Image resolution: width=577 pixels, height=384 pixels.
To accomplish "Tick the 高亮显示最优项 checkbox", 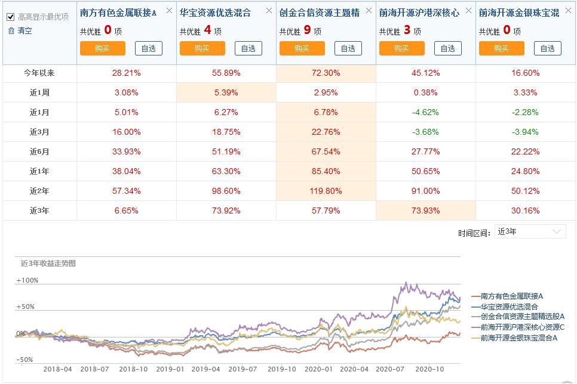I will tap(10, 17).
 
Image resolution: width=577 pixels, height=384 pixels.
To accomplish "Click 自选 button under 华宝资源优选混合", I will tap(248, 48).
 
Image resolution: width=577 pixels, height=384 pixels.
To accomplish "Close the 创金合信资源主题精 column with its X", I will tap(369, 10).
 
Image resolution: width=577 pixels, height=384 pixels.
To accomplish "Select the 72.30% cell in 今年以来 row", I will tap(326, 73).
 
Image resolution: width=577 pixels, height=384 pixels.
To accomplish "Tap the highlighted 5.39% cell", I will tap(226, 92).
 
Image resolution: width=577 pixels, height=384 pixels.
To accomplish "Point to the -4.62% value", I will tap(426, 112).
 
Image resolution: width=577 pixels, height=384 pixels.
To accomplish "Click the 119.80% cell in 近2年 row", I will tap(326, 191).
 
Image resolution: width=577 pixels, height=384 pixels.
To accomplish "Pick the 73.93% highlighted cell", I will tap(426, 210).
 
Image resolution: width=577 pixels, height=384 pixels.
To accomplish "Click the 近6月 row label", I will tap(39, 151).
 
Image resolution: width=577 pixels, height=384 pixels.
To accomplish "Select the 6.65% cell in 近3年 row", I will tap(125, 210).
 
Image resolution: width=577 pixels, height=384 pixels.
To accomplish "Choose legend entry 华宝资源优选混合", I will tap(509, 306).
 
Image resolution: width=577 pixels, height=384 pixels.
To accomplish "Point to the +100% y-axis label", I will tap(27, 280).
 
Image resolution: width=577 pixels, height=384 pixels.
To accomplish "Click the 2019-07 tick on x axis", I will tap(243, 369).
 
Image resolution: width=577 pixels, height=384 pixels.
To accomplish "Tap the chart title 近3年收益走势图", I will tap(48, 263).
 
